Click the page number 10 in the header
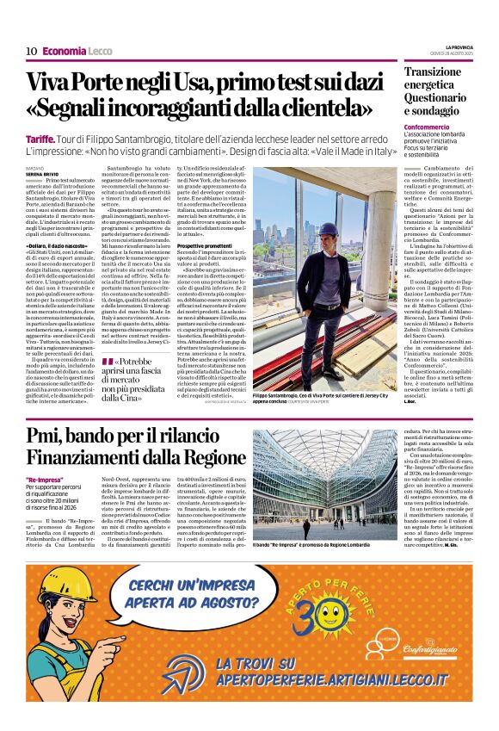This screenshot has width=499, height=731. point(31,51)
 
